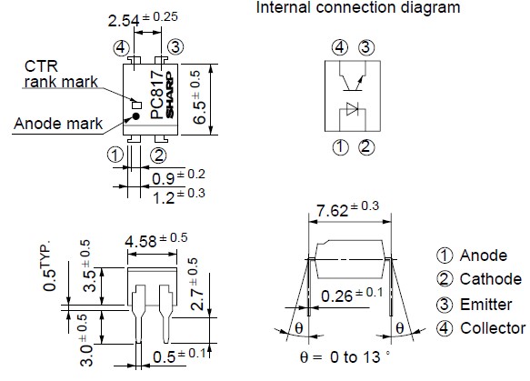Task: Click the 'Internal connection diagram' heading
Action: [x=357, y=8]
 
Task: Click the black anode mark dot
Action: [x=135, y=116]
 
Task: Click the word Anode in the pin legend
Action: [x=483, y=255]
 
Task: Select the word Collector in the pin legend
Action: [x=493, y=328]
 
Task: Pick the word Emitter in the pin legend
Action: [x=486, y=305]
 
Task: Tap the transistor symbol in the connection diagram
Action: [x=353, y=79]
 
